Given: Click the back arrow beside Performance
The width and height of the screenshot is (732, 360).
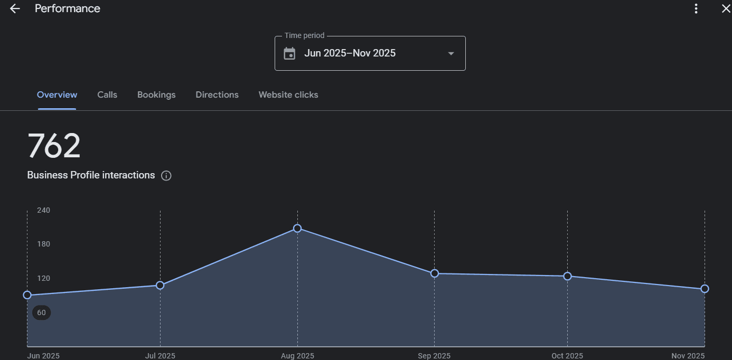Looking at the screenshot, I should tap(15, 8).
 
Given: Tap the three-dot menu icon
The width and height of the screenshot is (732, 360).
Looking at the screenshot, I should tap(696, 8).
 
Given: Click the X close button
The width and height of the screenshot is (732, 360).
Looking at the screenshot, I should tap(726, 8).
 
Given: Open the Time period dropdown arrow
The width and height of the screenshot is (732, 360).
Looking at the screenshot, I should tap(451, 53).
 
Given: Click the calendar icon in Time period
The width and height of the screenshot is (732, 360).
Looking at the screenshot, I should tap(289, 53).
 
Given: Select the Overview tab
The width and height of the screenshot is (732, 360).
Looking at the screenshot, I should tap(57, 95).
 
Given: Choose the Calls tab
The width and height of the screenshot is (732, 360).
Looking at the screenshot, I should tap(107, 95).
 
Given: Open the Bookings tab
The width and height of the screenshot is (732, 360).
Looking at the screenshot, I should tap(156, 95).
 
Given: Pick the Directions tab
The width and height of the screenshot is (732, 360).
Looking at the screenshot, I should tap(217, 95).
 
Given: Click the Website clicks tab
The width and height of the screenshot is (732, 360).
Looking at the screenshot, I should tap(288, 95).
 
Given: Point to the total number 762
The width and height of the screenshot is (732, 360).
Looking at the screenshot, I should tap(54, 146).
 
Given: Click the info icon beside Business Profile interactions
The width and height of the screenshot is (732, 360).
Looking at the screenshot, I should tap(166, 176).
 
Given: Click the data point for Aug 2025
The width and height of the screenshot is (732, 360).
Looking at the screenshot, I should tap(297, 229).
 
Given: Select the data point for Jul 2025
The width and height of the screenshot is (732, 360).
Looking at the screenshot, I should tap(160, 286).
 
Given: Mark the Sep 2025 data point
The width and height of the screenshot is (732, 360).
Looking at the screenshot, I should tap(435, 273).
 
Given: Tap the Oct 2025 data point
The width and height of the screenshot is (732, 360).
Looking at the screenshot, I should tap(567, 276).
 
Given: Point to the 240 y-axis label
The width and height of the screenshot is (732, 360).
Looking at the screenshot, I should tap(43, 210).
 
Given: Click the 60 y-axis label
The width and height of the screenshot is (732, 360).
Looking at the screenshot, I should tap(41, 312).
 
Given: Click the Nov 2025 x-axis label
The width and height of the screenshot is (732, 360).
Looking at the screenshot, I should tap(688, 356).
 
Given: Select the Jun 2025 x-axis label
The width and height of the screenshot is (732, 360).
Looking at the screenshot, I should tap(43, 356).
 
